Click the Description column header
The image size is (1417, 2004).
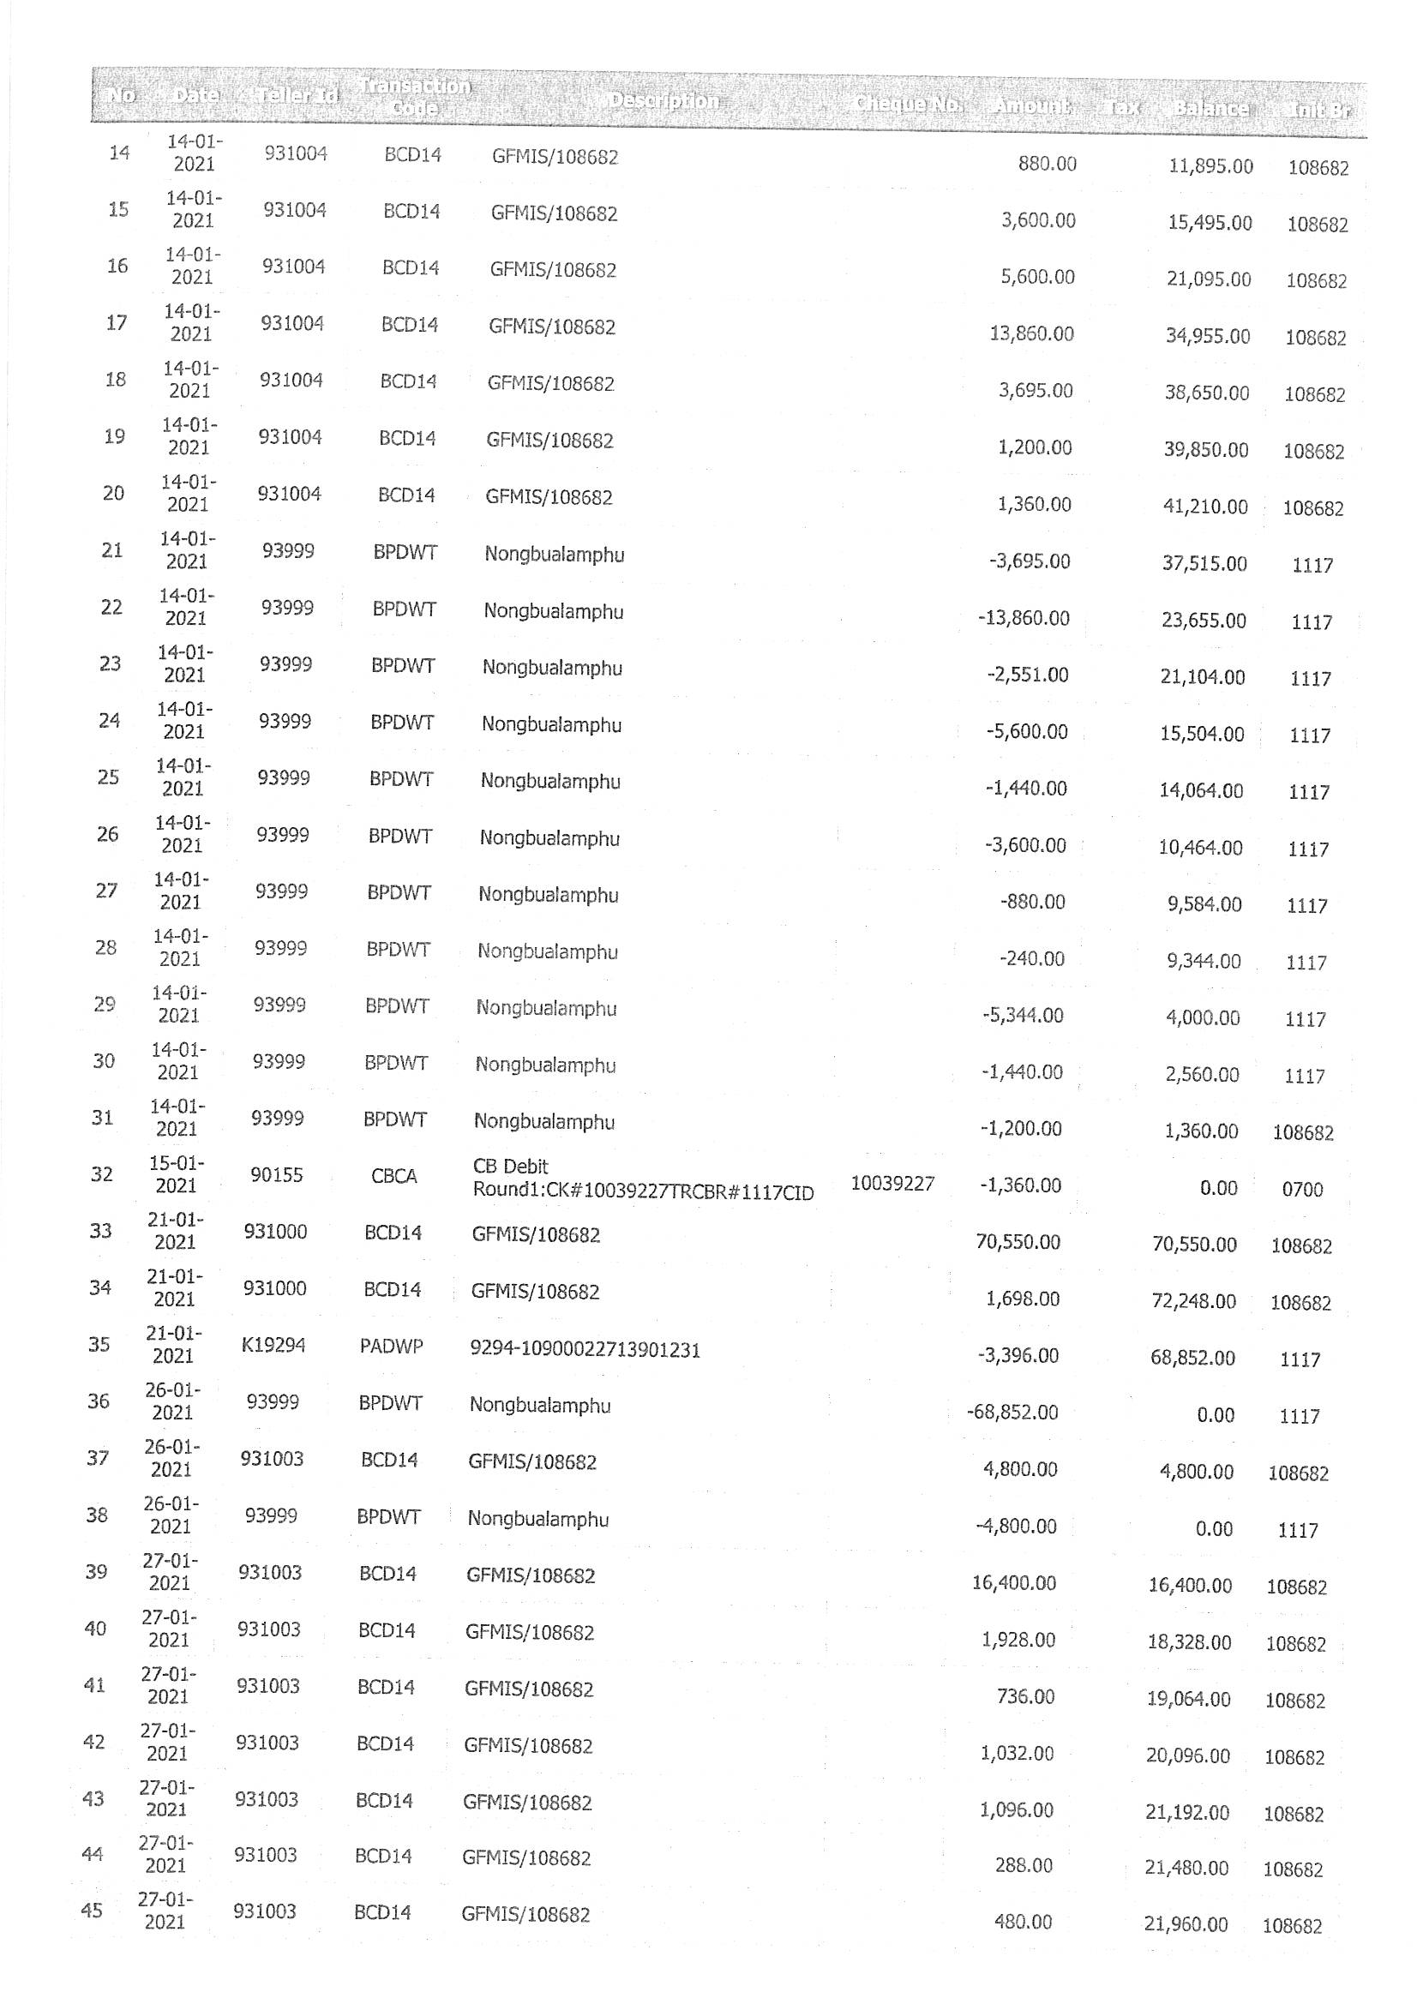tap(663, 101)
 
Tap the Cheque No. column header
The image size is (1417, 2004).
tap(908, 105)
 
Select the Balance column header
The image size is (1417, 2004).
tap(1210, 108)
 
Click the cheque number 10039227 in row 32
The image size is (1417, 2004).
tap(892, 1184)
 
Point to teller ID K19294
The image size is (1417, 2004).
tap(273, 1345)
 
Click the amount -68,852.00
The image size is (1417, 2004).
tap(1012, 1413)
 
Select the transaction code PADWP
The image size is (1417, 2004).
tap(391, 1347)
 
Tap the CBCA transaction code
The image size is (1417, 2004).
tap(393, 1177)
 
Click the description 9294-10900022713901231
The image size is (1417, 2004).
tap(585, 1350)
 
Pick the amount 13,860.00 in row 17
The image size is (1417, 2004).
tap(1031, 333)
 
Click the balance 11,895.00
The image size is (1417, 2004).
tap(1211, 165)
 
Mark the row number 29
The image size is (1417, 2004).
tap(105, 1005)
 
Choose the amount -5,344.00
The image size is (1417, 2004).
tap(1023, 1015)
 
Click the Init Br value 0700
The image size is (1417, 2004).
tap(1303, 1190)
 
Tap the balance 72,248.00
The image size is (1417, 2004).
tap(1194, 1301)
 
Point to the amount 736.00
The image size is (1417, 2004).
tap(1025, 1697)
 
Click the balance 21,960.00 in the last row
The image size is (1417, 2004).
tap(1186, 1924)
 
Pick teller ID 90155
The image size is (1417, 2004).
tap(277, 1175)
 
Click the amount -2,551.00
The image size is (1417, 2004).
tap(1028, 675)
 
